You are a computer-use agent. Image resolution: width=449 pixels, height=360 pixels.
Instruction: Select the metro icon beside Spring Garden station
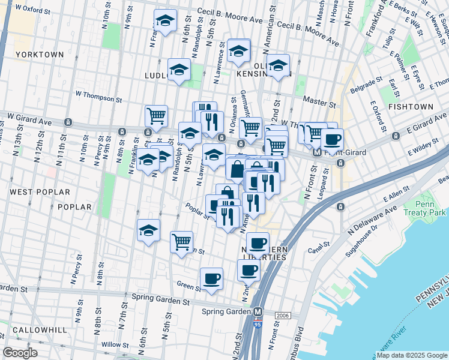pyautogui.click(x=259, y=312)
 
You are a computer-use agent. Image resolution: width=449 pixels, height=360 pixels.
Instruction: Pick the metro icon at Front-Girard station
pyautogui.click(x=317, y=152)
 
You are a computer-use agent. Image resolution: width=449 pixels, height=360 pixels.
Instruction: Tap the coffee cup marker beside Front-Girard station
pyautogui.click(x=332, y=140)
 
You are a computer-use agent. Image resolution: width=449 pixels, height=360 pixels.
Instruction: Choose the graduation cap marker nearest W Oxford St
pyautogui.click(x=165, y=21)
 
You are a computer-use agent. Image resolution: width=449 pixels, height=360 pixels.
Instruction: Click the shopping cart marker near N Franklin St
pyautogui.click(x=156, y=116)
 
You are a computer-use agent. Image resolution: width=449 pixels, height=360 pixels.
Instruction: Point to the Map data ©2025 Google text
pyautogui.click(x=411, y=355)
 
